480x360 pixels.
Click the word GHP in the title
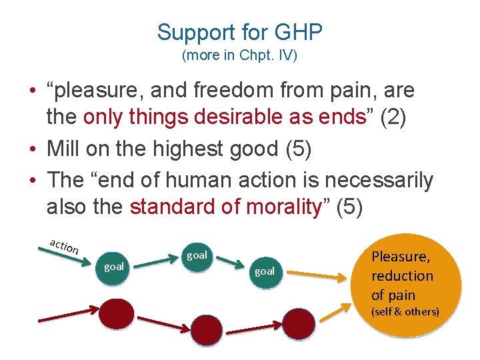(297, 32)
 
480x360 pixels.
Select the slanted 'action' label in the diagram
(65, 246)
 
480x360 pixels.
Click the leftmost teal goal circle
(113, 267)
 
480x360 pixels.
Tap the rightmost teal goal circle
(265, 271)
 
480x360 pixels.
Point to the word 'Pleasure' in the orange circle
(400, 257)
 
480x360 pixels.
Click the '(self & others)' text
(405, 311)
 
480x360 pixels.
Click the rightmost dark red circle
(297, 323)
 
